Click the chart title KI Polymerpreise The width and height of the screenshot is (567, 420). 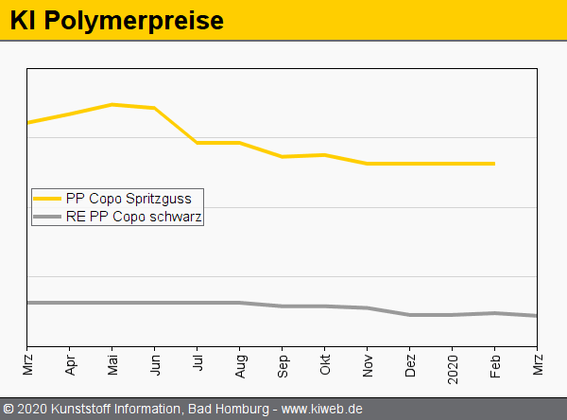click(x=117, y=20)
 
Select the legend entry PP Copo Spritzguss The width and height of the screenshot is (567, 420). click(x=129, y=199)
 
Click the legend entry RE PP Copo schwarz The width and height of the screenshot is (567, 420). click(x=134, y=217)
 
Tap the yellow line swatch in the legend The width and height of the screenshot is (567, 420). click(x=48, y=199)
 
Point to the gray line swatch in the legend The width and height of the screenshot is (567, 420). click(x=48, y=217)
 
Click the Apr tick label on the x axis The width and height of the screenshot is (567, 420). click(x=70, y=364)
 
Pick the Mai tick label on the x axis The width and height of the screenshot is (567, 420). click(x=112, y=365)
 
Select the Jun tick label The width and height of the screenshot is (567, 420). click(x=155, y=364)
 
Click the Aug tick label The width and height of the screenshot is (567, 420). click(x=240, y=365)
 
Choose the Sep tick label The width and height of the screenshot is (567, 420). click(x=283, y=365)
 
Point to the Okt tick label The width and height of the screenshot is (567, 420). click(x=325, y=364)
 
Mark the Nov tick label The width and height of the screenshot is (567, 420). click(x=368, y=364)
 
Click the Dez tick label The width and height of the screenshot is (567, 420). click(x=410, y=365)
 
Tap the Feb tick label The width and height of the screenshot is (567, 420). click(x=495, y=364)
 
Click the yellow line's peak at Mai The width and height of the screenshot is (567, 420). click(x=112, y=104)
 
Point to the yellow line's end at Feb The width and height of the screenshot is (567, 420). click(x=494, y=164)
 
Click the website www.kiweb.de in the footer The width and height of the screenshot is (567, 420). click(x=322, y=410)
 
